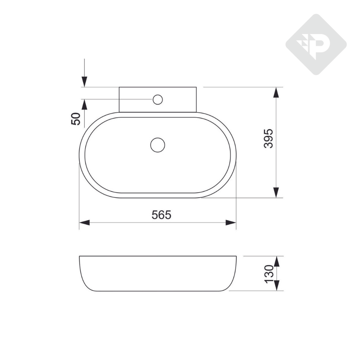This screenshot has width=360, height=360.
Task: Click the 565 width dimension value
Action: pos(161,214)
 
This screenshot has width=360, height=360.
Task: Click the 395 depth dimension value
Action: pos(269,138)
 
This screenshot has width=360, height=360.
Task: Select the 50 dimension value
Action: pos(76,119)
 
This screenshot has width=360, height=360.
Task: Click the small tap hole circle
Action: pos(157,99)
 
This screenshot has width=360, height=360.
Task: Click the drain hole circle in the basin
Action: pos(157,145)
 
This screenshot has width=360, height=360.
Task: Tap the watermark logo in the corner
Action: pos(316,45)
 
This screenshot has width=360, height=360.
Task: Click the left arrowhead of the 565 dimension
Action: pos(85,223)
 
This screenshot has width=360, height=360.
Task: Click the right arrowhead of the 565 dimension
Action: pos(231,223)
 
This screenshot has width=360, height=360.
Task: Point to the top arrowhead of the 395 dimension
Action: pos(276,93)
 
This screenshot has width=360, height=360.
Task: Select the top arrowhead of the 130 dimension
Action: pos(277,261)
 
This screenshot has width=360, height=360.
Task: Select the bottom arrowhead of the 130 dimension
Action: pos(277,285)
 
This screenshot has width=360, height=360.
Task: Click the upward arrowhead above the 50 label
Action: pos(84,105)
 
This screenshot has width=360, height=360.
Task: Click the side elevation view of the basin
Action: pos(157,274)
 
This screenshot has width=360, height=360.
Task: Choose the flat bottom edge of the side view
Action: pos(157,291)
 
